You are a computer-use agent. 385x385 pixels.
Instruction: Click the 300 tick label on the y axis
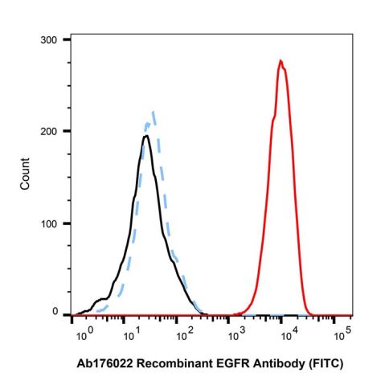(x=51, y=39)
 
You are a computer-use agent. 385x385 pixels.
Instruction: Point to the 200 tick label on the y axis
(x=51, y=131)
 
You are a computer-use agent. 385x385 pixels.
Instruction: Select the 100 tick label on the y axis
(x=51, y=223)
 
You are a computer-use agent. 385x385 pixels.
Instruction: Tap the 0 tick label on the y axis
(x=55, y=312)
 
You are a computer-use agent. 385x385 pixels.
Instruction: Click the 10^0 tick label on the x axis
(x=79, y=332)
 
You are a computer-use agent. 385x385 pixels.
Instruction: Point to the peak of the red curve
(x=281, y=60)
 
